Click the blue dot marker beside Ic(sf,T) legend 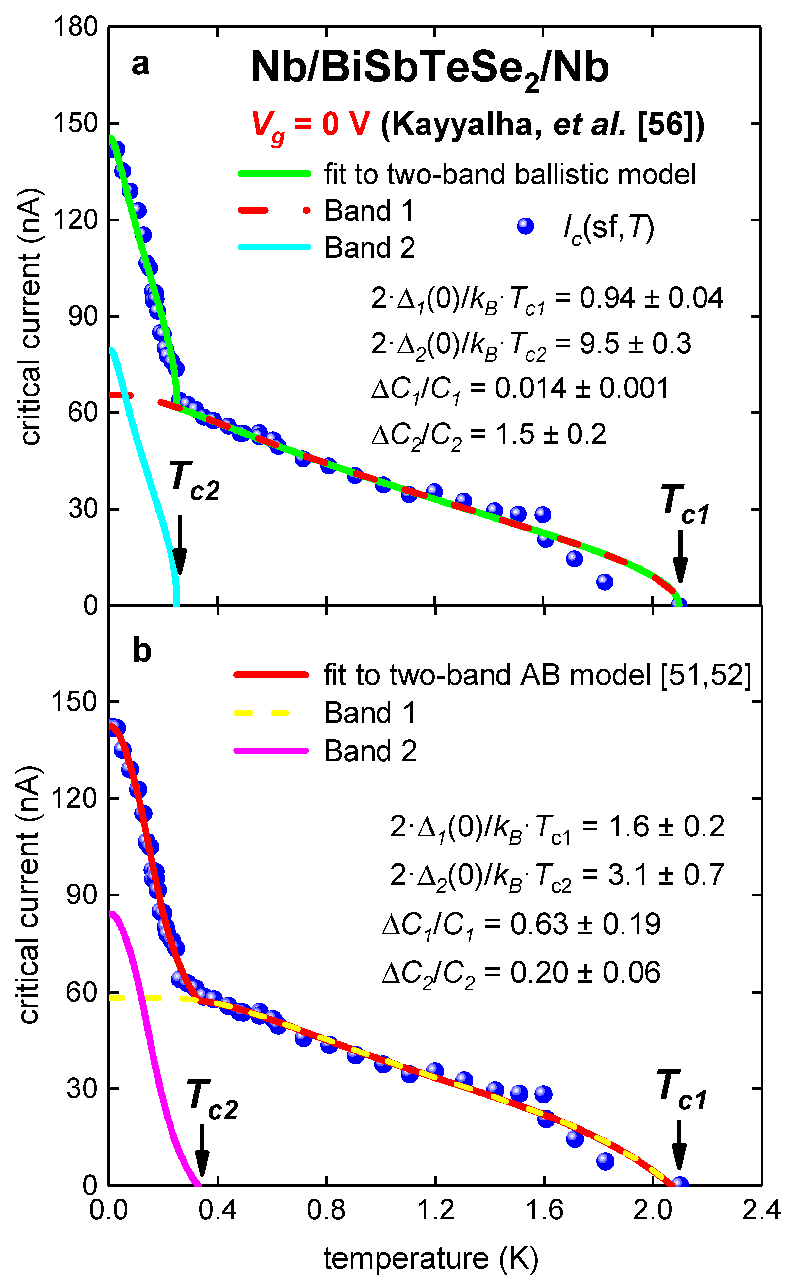coord(525,227)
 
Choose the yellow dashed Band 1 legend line coord(263,713)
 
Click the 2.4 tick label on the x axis coord(761,1210)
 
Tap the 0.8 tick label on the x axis coord(326,1210)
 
